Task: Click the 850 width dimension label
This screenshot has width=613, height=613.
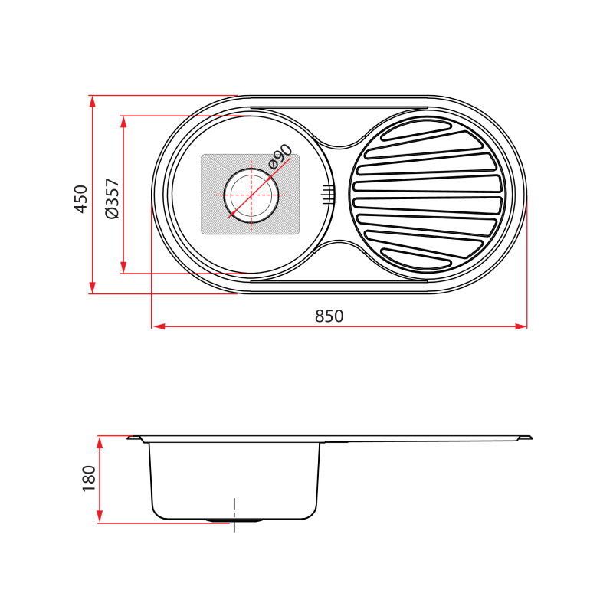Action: pos(329,316)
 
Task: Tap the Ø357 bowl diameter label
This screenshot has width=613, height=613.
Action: pos(111,198)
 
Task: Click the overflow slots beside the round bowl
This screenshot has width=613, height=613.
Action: pos(327,194)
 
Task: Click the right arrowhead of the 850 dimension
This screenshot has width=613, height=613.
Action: pos(523,327)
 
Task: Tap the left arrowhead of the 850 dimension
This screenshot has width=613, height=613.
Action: pos(158,327)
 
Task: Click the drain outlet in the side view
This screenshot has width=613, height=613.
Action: pos(234,520)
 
